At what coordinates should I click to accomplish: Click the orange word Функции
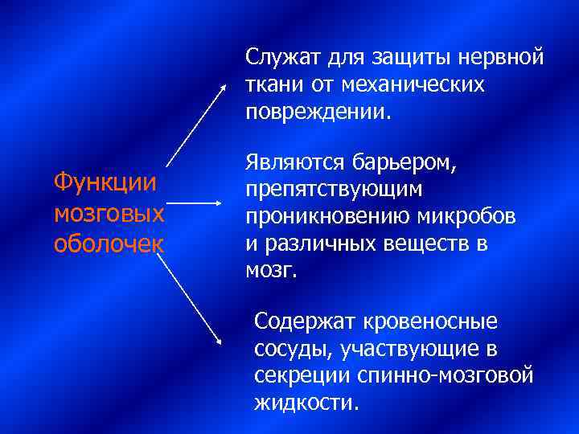tap(105, 182)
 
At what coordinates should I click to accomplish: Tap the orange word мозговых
tap(109, 214)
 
